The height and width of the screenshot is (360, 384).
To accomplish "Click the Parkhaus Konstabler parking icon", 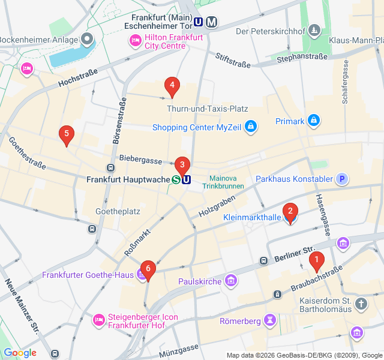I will point(341,179).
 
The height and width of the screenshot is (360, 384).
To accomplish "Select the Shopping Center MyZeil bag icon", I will point(251,127).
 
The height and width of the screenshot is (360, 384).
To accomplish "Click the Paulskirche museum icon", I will point(231,281).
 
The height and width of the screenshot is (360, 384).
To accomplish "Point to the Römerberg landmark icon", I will point(271,321).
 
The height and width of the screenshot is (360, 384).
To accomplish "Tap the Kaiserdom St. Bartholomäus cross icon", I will point(361,304).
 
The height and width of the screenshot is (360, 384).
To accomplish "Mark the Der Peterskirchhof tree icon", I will point(314,31).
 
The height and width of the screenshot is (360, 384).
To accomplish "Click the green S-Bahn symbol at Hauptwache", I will point(176,179).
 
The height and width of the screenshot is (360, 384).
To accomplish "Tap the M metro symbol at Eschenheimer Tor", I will point(211,22).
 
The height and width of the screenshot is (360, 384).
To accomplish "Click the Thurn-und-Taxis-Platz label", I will point(207,109).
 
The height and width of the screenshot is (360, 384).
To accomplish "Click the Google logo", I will point(20,353).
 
